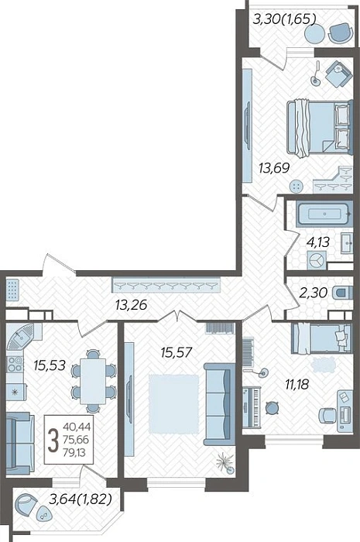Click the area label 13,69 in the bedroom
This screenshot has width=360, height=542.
pyautogui.click(x=274, y=168)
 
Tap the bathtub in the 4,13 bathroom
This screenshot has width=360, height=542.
pyautogui.click(x=324, y=214)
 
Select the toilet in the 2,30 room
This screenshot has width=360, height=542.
pyautogui.click(x=342, y=293)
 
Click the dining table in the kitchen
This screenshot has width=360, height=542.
pyautogui.click(x=93, y=381)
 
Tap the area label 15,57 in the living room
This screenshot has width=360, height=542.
pyautogui.click(x=176, y=353)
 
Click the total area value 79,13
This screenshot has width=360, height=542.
pyautogui.click(x=74, y=451)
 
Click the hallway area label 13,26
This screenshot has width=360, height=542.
pyautogui.click(x=131, y=305)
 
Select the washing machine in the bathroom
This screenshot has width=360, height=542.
pyautogui.click(x=317, y=260)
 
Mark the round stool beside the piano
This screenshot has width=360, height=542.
pyautogui.click(x=273, y=408)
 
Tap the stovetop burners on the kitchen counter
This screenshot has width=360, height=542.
pyautogui.click(x=15, y=365)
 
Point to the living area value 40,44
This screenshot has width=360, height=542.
pyautogui.click(x=77, y=429)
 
